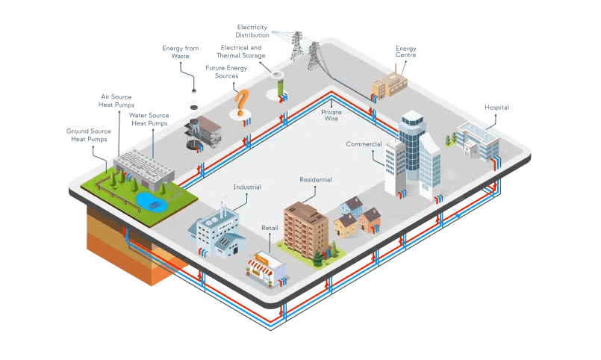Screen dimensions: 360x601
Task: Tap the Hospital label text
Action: [x=496, y=108]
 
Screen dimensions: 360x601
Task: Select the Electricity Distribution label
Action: [x=252, y=31]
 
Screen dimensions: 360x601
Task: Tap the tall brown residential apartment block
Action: [x=305, y=225]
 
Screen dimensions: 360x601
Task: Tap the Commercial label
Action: [x=364, y=144]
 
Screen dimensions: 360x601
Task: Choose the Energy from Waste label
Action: [x=181, y=52]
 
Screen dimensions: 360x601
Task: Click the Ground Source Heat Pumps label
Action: [x=89, y=135]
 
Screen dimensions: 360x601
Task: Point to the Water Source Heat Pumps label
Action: [x=149, y=120]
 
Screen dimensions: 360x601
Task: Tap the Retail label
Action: [x=270, y=227]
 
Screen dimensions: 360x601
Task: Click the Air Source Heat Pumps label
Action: [x=117, y=101]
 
